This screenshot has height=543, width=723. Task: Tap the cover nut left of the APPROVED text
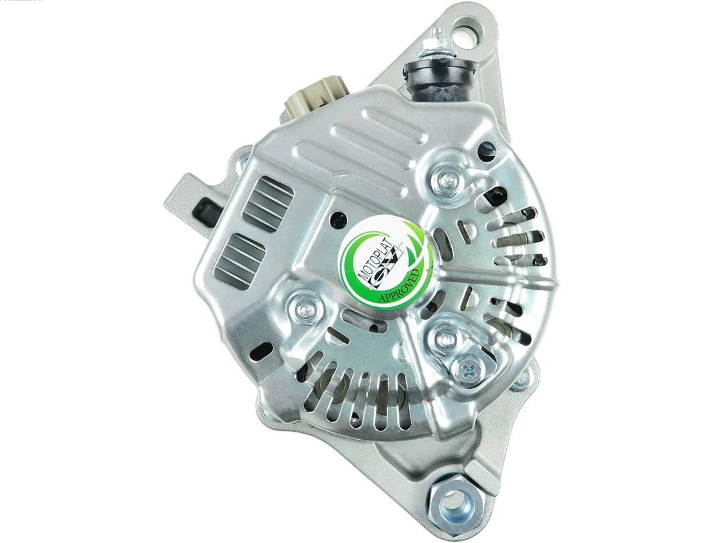click(x=302, y=307)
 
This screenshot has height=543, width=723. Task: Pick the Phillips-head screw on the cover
click(x=467, y=366)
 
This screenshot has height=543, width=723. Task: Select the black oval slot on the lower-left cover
click(x=264, y=350)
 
